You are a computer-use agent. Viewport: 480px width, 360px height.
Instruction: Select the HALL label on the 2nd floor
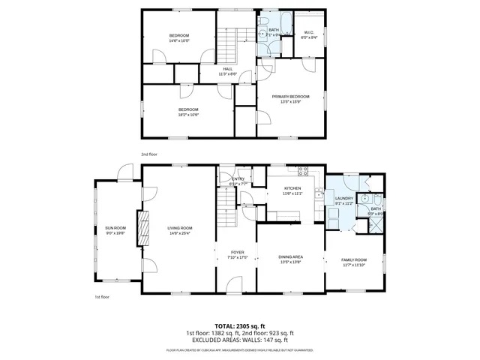pos(227,69)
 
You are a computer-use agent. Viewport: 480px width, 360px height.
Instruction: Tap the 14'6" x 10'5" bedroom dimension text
pos(178,40)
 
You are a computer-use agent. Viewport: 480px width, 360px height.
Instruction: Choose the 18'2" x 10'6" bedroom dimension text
pos(188,115)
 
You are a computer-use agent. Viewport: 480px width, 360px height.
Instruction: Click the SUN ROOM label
pos(115,227)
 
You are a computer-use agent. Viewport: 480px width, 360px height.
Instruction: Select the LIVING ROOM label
pos(179,228)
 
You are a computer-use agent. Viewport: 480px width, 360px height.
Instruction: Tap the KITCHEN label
pos(292,188)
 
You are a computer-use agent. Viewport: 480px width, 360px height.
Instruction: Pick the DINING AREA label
pos(290,257)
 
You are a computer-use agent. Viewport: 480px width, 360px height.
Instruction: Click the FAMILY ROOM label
pos(355,259)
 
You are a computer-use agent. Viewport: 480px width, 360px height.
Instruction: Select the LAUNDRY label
pos(344,198)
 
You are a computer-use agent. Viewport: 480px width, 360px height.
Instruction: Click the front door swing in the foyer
pos(233,283)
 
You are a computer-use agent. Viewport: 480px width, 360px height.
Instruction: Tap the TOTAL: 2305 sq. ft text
pos(239,326)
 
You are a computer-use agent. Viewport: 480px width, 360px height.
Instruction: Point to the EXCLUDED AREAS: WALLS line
pos(239,340)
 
